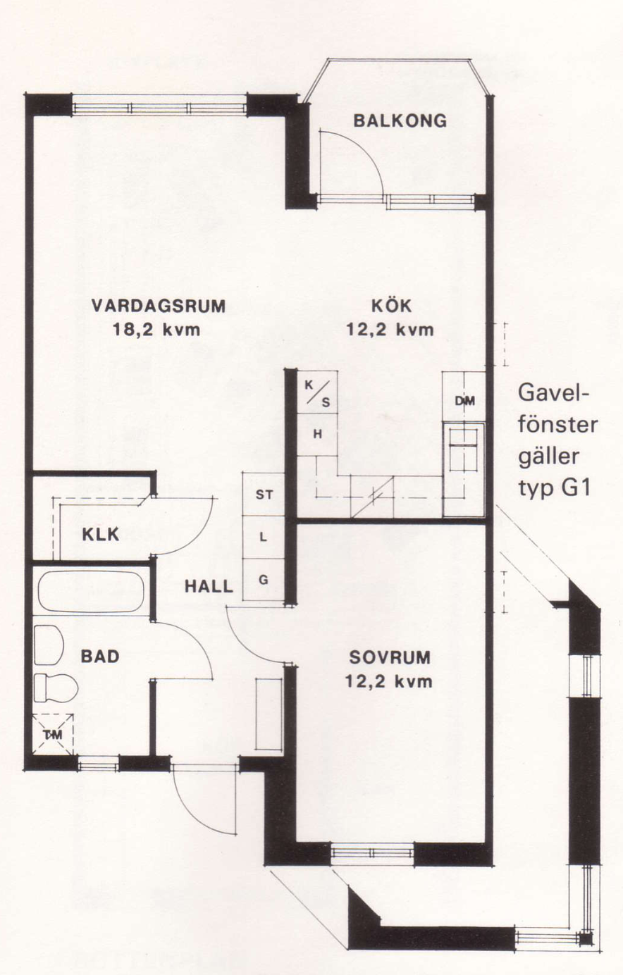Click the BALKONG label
pos(400,120)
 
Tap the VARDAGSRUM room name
pos(159,306)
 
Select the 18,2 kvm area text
pos(156,330)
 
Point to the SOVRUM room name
pos(390,657)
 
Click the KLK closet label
pos(101,535)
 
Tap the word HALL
pos(209,586)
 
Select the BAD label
pos(100,657)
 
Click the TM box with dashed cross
pos(53,735)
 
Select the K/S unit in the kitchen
pos(317,392)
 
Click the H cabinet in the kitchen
pos(317,435)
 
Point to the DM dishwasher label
pos(464,401)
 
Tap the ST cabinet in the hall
pos(264,495)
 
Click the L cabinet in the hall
pos(264,538)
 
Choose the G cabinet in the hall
pos(264,580)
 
